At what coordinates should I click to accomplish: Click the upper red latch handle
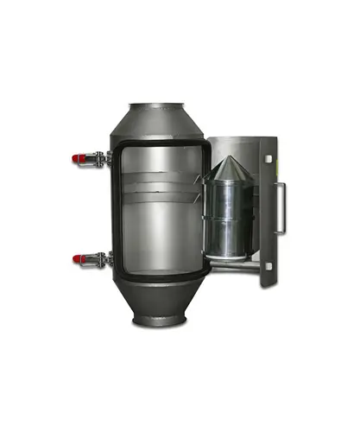tap(79, 158)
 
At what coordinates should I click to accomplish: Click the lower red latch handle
tap(79, 258)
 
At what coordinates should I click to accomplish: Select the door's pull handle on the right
tap(281, 208)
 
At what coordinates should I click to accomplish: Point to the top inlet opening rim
tap(157, 106)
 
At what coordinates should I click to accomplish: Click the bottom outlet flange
tap(158, 322)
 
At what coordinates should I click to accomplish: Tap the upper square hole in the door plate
tap(268, 160)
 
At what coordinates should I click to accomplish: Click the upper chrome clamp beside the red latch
tap(99, 159)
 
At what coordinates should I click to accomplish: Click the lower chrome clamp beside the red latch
tap(99, 258)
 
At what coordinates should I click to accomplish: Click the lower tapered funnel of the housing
tap(159, 298)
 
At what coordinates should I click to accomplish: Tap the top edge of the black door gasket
tap(161, 143)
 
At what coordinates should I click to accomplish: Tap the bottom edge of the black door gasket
tap(161, 279)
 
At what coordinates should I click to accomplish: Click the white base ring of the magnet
tap(226, 251)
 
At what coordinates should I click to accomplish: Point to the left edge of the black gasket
tap(117, 212)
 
